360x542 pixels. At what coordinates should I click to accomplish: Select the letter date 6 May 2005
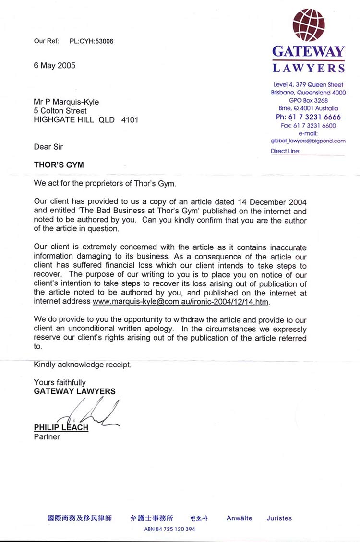click(54, 66)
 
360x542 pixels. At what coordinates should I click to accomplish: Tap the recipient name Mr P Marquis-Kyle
click(66, 102)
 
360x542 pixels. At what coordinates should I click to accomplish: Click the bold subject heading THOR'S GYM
click(59, 165)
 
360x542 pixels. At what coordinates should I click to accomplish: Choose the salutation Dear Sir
click(48, 147)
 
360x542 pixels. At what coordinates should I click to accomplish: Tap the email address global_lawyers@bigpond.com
click(308, 141)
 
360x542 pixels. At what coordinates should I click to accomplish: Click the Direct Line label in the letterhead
click(286, 151)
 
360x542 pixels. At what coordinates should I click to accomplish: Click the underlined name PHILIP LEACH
click(61, 427)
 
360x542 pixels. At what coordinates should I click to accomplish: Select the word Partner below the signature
click(47, 437)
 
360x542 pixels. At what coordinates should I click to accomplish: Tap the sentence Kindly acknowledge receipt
click(82, 365)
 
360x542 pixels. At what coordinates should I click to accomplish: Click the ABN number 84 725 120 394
click(169, 530)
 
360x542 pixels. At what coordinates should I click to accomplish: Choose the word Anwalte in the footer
click(239, 518)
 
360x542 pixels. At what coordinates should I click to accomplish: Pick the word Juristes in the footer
click(279, 518)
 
